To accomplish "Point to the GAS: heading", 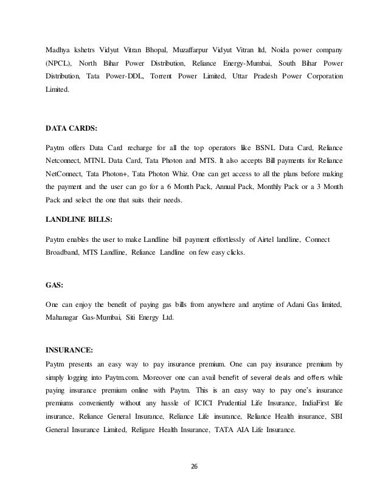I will pos(54,283).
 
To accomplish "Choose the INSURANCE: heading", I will pos(70,349).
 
